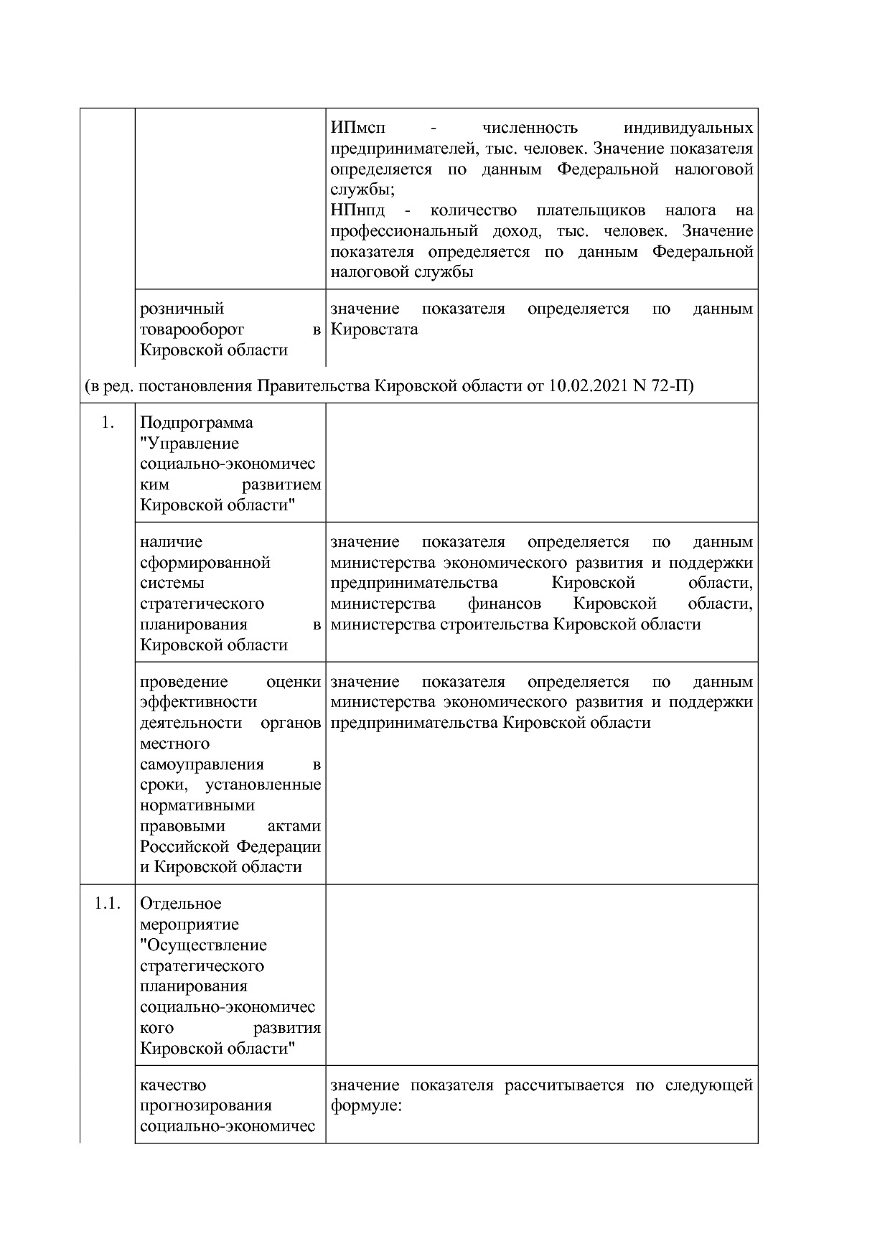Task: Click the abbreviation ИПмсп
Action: click(x=357, y=128)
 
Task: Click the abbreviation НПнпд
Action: click(x=357, y=211)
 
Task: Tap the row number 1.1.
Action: click(x=107, y=904)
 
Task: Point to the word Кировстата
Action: click(x=374, y=329)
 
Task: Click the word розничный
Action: click(x=182, y=309)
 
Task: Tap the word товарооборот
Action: click(x=192, y=329)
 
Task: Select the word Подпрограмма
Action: click(x=197, y=423)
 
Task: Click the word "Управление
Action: click(x=189, y=444)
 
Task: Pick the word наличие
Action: click(x=172, y=542)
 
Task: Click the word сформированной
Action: click(x=205, y=563)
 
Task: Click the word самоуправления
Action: click(x=202, y=764)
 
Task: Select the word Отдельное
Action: click(x=181, y=904)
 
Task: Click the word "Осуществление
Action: click(x=204, y=945)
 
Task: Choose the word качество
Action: click(x=173, y=1085)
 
